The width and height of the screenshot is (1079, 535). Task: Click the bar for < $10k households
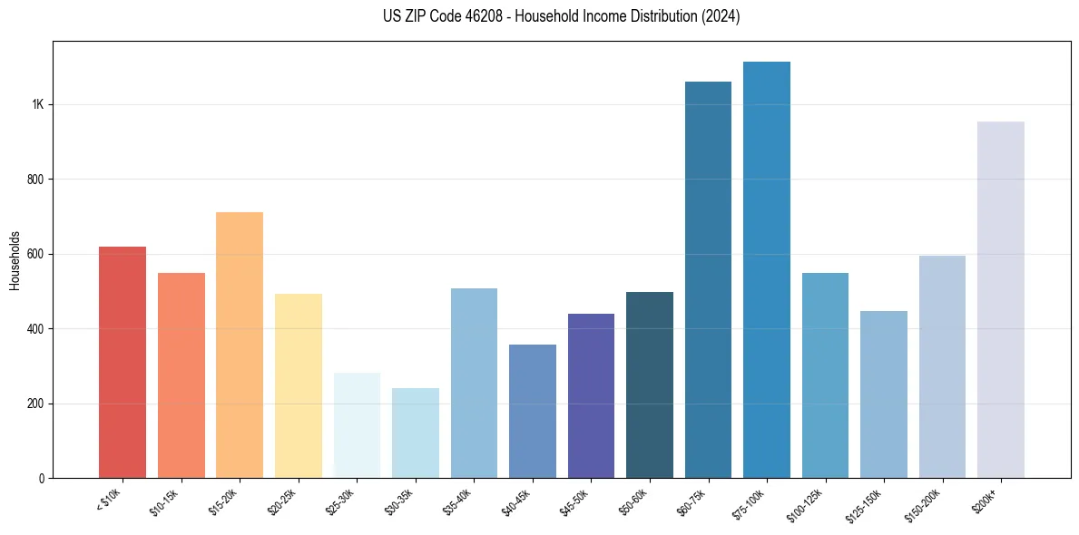122,363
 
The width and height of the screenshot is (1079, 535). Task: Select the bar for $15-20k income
240,345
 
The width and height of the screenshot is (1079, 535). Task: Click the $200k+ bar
1001,299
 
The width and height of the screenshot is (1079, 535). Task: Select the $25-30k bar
357,425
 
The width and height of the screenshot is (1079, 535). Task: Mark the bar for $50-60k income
650,385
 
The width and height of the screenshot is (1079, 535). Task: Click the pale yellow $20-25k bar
299,386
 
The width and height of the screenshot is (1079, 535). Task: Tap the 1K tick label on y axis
37,104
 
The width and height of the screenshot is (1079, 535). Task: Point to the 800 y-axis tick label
35,180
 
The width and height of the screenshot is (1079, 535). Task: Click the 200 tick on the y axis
35,404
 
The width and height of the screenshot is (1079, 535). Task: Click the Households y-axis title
15,259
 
